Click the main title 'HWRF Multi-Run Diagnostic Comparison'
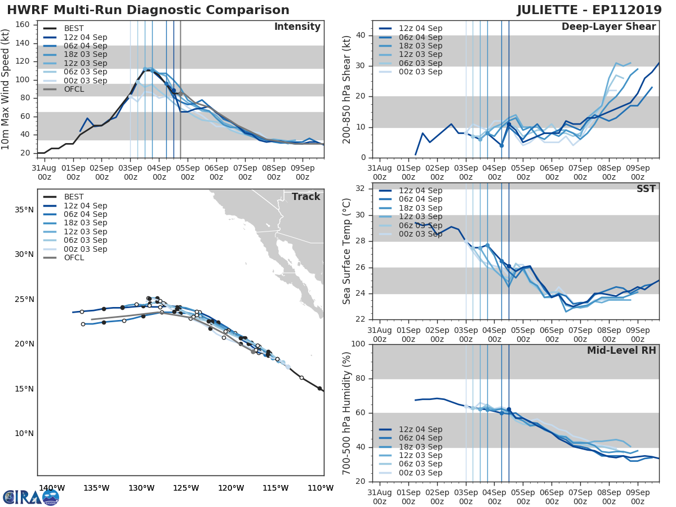coord(148,10)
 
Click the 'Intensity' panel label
coord(297,27)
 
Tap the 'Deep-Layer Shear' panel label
coord(608,27)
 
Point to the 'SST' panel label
coord(646,189)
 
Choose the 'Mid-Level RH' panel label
coord(621,351)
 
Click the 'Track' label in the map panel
coord(306,197)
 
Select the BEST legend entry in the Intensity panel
coord(74,29)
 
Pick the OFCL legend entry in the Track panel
coord(74,257)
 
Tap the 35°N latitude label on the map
coord(23,210)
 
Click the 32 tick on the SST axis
coord(361,189)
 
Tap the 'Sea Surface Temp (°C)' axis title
coord(347,251)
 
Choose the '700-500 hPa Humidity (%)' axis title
coord(347,413)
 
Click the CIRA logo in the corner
coord(31,497)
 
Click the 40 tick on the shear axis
coord(361,35)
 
